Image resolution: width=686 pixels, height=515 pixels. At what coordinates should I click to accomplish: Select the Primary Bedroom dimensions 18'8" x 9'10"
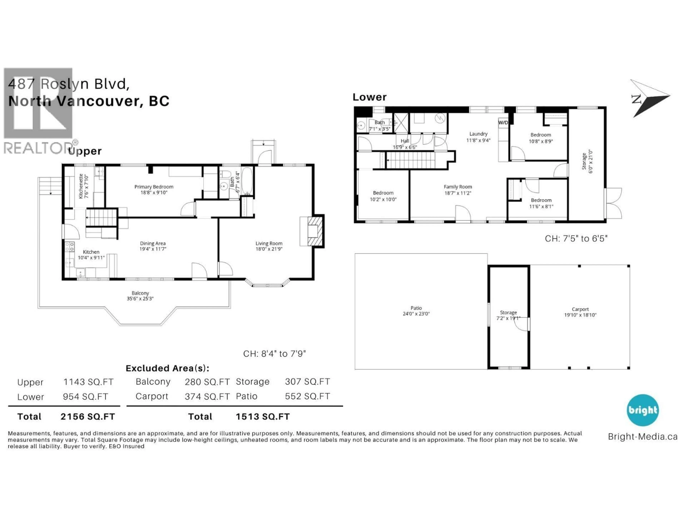(154, 192)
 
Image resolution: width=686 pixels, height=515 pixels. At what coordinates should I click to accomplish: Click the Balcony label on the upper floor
(140, 293)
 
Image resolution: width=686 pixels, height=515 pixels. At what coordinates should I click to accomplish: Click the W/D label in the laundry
(503, 123)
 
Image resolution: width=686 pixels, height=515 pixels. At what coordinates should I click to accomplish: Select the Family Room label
(458, 187)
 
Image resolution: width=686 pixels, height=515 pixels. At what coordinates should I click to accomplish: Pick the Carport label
(580, 309)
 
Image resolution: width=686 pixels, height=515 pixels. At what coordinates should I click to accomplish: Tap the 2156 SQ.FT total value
(88, 417)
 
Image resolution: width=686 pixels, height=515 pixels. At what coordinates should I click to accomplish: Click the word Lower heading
(369, 97)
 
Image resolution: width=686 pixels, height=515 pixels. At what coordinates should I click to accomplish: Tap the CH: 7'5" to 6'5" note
(576, 238)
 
